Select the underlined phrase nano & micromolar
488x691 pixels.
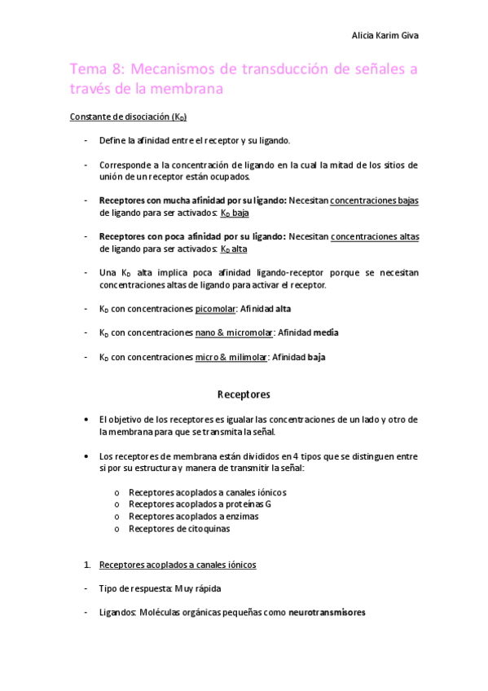tap(235, 332)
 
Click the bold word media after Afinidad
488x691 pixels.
tap(327, 332)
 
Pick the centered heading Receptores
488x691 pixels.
tap(244, 394)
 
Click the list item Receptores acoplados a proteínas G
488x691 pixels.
tap(200, 504)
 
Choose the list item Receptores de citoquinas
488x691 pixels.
tap(179, 529)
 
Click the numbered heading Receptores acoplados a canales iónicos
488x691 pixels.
tap(178, 565)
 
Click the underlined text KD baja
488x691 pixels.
tap(235, 213)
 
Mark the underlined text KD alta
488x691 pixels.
tap(234, 249)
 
